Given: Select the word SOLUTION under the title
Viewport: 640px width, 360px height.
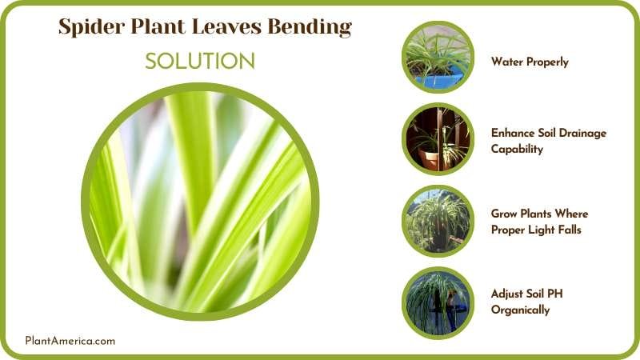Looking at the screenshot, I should [200, 62].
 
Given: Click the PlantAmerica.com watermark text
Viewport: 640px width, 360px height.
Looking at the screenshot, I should [70, 341].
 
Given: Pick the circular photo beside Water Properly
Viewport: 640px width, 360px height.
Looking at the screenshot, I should [437, 56].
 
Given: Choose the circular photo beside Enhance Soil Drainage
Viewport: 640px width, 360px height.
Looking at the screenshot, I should [437, 138].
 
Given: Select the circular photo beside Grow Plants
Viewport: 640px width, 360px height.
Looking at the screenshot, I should [437, 221].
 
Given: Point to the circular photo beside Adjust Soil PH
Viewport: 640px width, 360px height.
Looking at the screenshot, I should [437, 302].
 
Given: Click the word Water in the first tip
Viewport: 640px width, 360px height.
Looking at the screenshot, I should [507, 62].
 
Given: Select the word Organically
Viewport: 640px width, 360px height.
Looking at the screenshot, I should [521, 310].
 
